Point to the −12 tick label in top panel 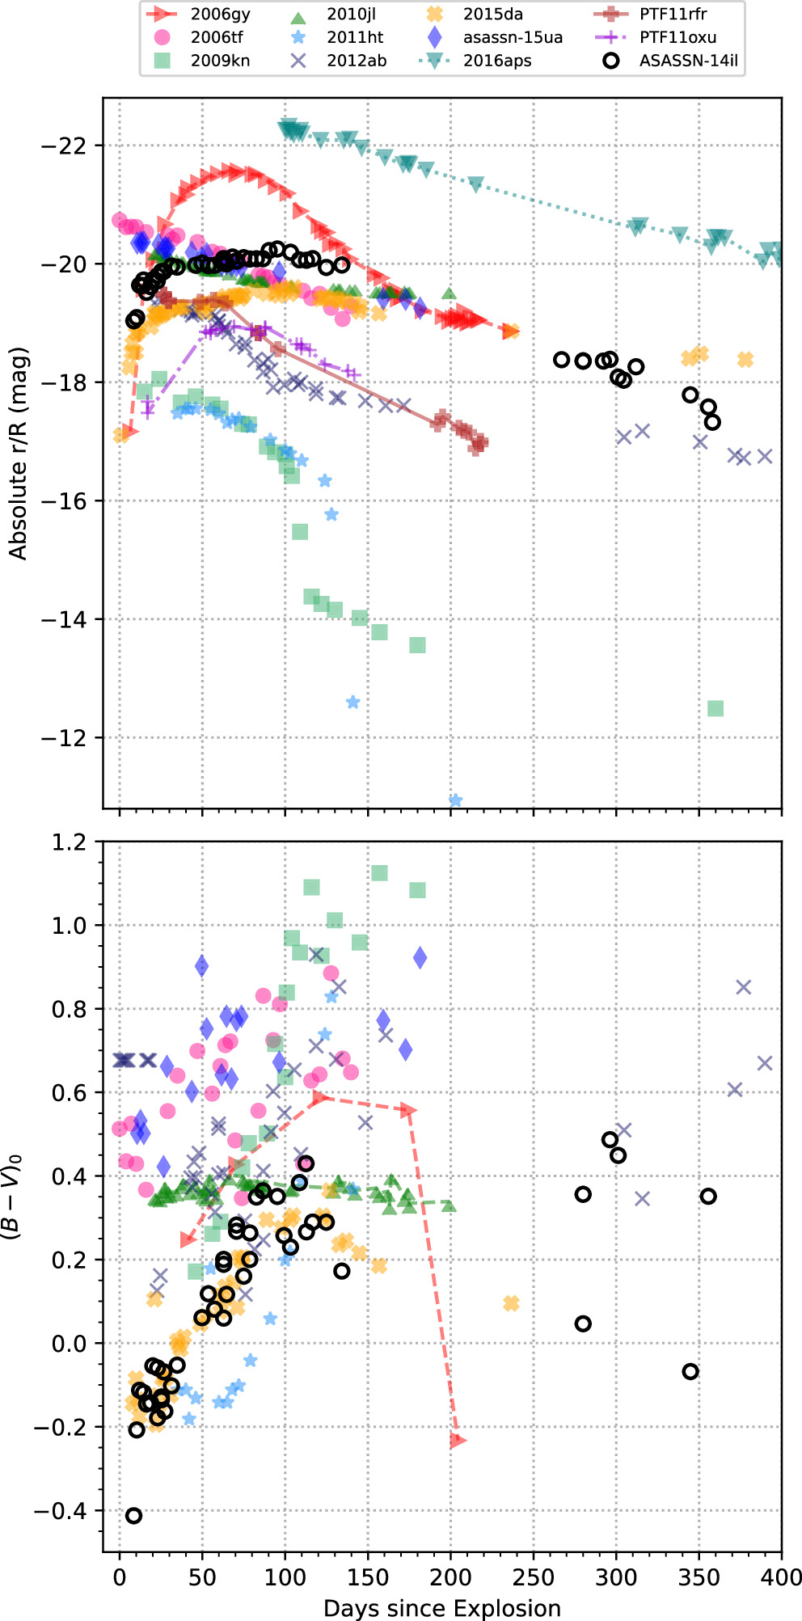(62, 738)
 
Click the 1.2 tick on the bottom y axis (69, 842)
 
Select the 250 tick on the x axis (534, 1577)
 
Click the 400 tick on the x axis (781, 1577)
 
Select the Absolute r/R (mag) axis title (18, 453)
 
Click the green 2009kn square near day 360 (715, 708)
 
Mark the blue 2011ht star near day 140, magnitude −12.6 (352, 702)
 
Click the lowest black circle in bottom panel (134, 1516)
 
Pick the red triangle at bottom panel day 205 (458, 1440)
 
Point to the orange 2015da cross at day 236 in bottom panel (511, 1303)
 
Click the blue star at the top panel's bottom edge (455, 800)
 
